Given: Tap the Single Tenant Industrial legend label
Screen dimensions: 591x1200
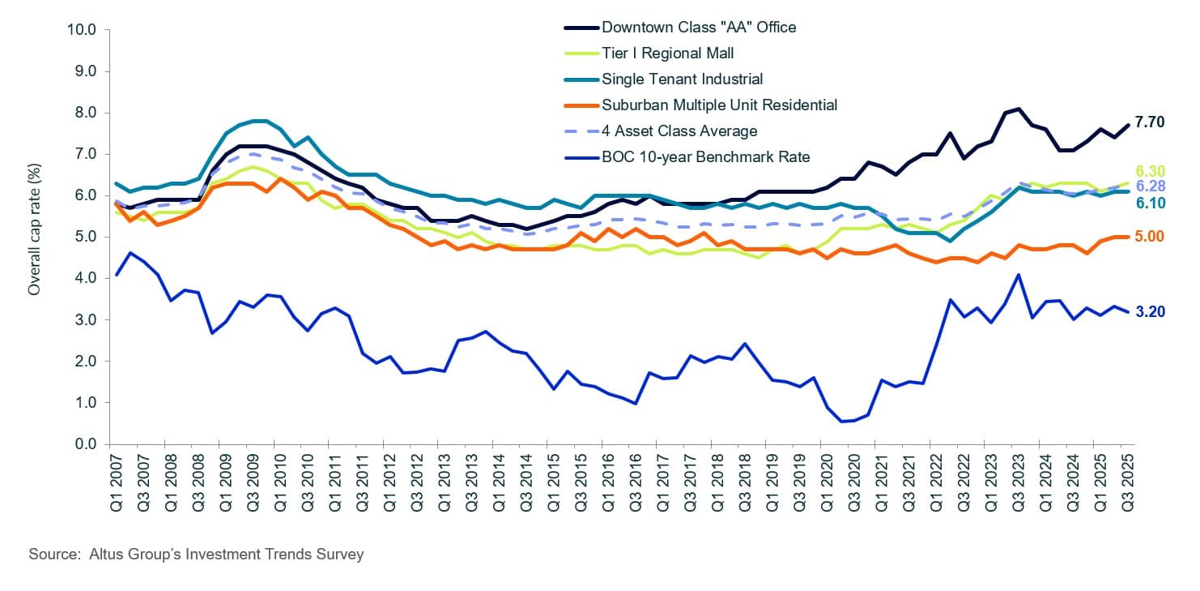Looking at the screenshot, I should pyautogui.click(x=682, y=79).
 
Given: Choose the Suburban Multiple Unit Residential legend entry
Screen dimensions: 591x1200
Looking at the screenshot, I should pyautogui.click(x=719, y=105).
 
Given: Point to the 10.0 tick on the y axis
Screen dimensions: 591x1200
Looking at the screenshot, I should pyautogui.click(x=79, y=30).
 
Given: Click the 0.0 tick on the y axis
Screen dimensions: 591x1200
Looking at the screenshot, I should pyautogui.click(x=83, y=444).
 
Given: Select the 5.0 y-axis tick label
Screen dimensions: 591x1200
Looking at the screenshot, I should pyautogui.click(x=83, y=237).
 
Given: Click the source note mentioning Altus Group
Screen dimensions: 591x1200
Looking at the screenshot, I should pyautogui.click(x=196, y=555).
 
